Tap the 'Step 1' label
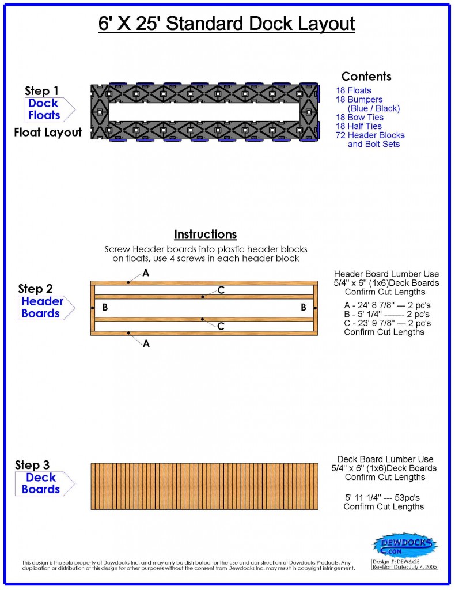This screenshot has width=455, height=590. point(41,91)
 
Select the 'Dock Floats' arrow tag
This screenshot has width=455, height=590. point(45,109)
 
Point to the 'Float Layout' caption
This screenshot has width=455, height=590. point(48,133)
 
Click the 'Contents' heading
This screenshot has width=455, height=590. point(366,77)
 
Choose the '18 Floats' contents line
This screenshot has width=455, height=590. point(354,90)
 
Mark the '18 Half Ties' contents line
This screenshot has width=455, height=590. point(359,126)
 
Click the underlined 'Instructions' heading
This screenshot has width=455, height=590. point(206,235)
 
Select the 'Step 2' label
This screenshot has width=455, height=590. point(35,289)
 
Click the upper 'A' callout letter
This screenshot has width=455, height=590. point(146,273)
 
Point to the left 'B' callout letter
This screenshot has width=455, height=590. point(105,308)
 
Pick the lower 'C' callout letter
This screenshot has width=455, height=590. point(221,326)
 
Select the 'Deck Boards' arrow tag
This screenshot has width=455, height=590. point(41,483)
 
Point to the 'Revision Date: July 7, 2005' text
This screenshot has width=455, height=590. point(404,567)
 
